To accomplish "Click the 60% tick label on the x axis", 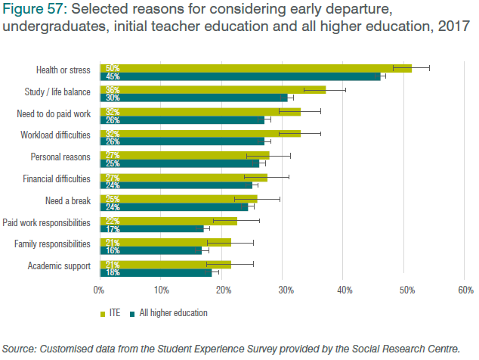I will pyautogui.click(x=465, y=290).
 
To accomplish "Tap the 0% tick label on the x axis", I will pyautogui.click(x=98, y=290).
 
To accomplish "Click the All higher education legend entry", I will pyautogui.click(x=172, y=312).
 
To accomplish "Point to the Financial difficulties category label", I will pyautogui.click(x=55, y=179).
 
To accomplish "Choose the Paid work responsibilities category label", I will pyautogui.click(x=47, y=223).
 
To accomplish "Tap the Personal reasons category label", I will pyautogui.click(x=60, y=157).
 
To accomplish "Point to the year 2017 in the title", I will pyautogui.click(x=451, y=26).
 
